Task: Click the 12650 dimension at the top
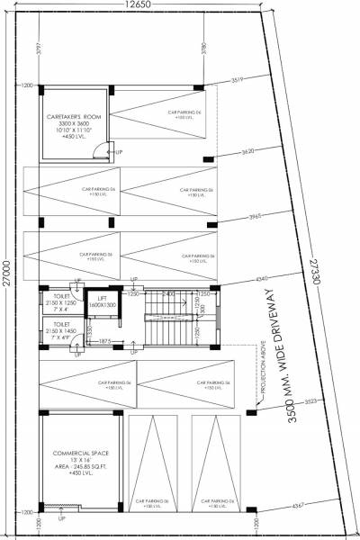pos(137,7)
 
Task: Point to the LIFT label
pos(103,299)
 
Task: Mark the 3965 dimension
pos(253,217)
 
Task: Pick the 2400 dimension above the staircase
pos(167,293)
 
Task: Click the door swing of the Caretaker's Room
pos(103,150)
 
